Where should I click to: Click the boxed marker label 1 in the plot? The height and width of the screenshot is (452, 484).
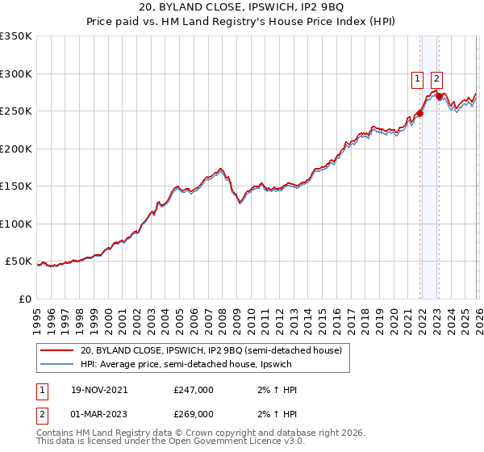[x=417, y=78]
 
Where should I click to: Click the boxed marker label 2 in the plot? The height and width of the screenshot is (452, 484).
[x=436, y=78]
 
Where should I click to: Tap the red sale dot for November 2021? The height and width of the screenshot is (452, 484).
[x=420, y=113]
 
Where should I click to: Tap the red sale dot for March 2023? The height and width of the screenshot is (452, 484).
[x=439, y=97]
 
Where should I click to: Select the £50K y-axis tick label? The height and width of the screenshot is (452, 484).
[x=19, y=262]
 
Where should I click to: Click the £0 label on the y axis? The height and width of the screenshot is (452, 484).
[x=26, y=299]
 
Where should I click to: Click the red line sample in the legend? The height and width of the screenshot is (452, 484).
[x=56, y=350]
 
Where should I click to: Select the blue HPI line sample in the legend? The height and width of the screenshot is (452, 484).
[x=56, y=364]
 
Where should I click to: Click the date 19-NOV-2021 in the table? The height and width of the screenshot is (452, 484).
[x=98, y=390]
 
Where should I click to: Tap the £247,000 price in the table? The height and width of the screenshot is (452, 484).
[x=194, y=390]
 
